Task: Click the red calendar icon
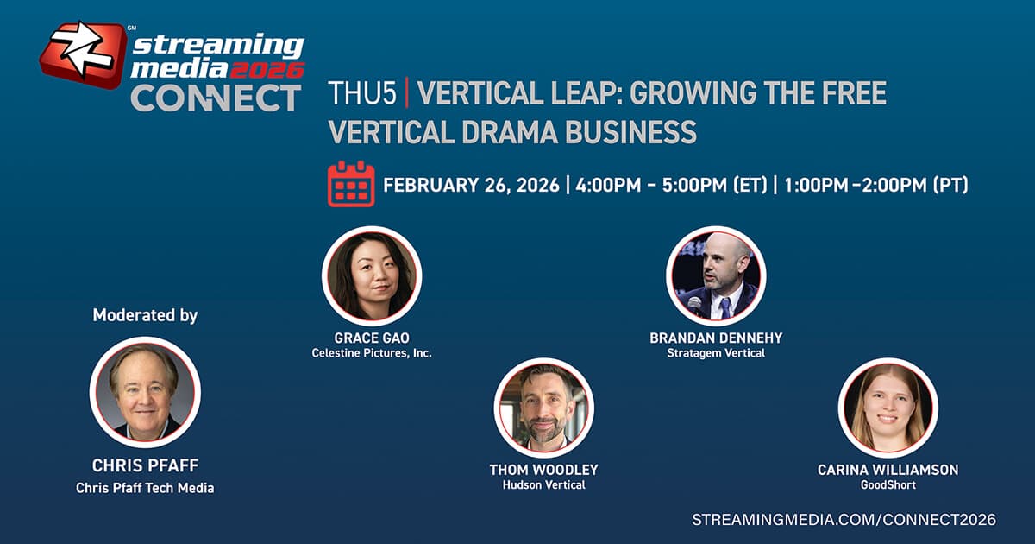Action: tap(351, 183)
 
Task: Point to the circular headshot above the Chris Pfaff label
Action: tap(145, 392)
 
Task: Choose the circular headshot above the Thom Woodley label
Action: tap(543, 408)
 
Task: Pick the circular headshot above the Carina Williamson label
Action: tap(888, 408)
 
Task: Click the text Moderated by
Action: tap(145, 315)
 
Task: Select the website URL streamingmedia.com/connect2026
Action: tap(844, 520)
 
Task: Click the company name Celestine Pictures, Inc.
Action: tap(372, 353)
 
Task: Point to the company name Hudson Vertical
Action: tap(543, 485)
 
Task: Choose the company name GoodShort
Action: tap(888, 485)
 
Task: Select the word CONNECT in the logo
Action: tap(216, 97)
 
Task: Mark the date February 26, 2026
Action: tap(471, 185)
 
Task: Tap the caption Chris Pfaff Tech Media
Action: tap(145, 488)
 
